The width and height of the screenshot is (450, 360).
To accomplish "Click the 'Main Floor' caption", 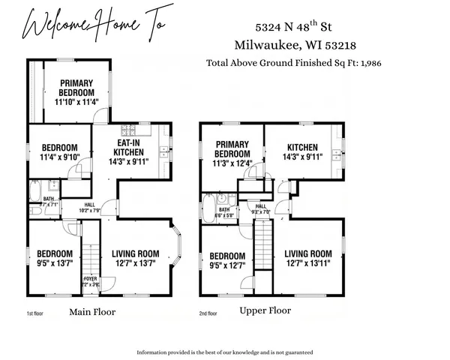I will pyautogui.click(x=92, y=311).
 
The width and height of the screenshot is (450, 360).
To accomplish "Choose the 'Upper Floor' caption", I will pyautogui.click(x=265, y=310).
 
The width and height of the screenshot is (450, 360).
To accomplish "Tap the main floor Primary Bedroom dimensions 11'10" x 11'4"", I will pyautogui.click(x=76, y=103).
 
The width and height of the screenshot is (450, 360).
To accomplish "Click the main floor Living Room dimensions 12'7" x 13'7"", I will pyautogui.click(x=136, y=263).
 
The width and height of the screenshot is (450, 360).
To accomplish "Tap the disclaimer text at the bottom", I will pyautogui.click(x=224, y=352).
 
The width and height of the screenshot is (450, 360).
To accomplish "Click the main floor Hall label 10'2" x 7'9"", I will pyautogui.click(x=88, y=208).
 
